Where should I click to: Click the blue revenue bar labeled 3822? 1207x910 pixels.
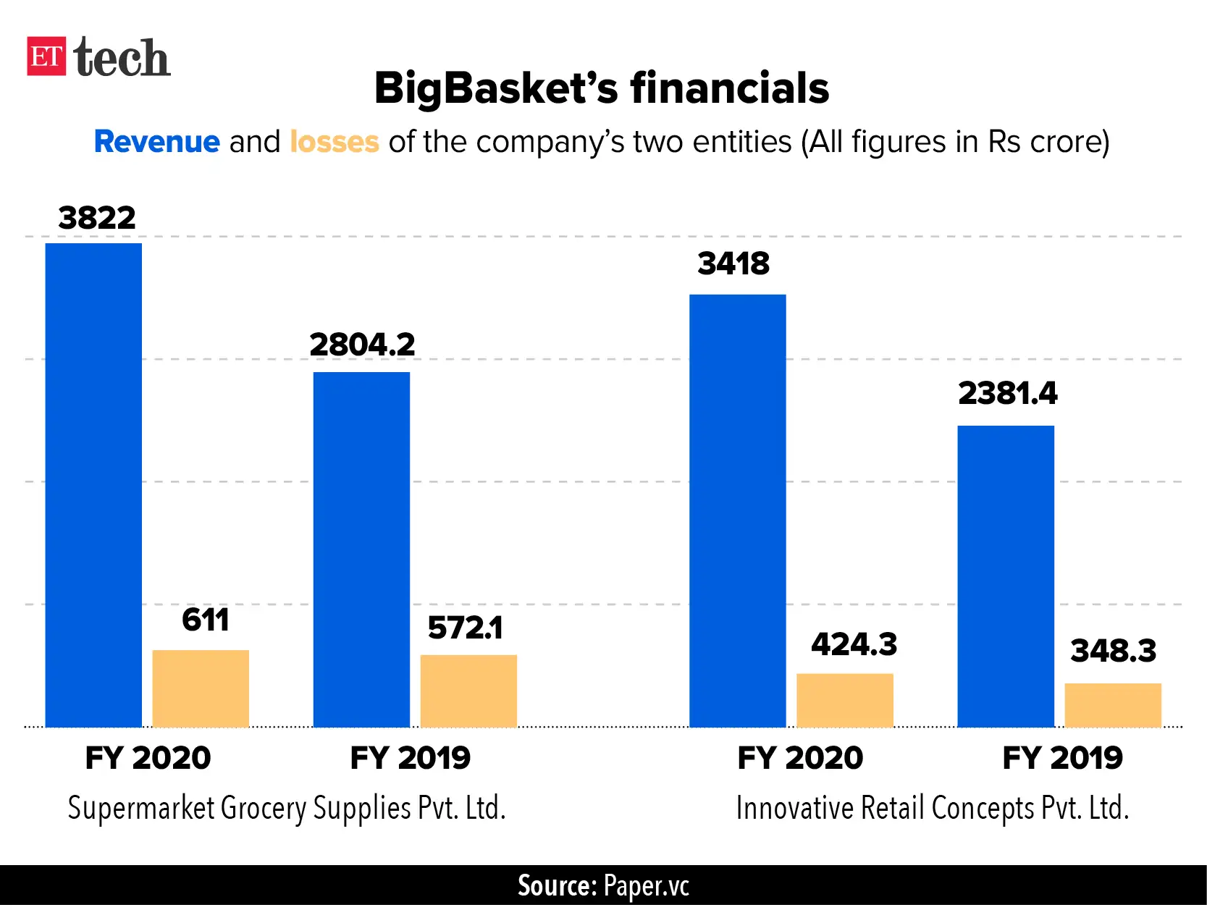coord(93,485)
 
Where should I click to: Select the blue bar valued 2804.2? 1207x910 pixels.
coord(361,550)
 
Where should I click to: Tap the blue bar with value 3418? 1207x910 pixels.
coord(737,510)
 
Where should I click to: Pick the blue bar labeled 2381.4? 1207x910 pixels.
coord(1006,576)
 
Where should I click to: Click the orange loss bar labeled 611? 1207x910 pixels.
coord(201,688)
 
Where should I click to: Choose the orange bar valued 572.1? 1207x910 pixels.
coord(468,691)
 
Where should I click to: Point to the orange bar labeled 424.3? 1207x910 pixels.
coord(845,700)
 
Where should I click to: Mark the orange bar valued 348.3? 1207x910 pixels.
coord(1113,705)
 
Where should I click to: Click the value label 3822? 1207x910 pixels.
coord(97,218)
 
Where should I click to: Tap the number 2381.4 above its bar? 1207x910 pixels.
coord(1007,393)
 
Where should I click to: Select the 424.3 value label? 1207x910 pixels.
coord(854,644)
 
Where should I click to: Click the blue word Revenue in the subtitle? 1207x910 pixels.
coord(157,142)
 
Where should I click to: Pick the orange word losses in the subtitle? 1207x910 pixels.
coord(335,142)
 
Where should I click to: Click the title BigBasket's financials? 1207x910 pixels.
coord(601,88)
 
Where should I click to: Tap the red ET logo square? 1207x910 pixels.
coord(46,56)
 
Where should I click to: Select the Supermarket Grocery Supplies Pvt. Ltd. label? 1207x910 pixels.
coord(287,808)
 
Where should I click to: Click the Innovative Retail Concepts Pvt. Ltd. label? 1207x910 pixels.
coord(933,808)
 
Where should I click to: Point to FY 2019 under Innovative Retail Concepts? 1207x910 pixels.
coord(1062,758)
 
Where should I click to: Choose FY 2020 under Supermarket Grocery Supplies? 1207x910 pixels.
coord(148,758)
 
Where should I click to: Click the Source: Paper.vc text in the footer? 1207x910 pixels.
coord(603,886)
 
